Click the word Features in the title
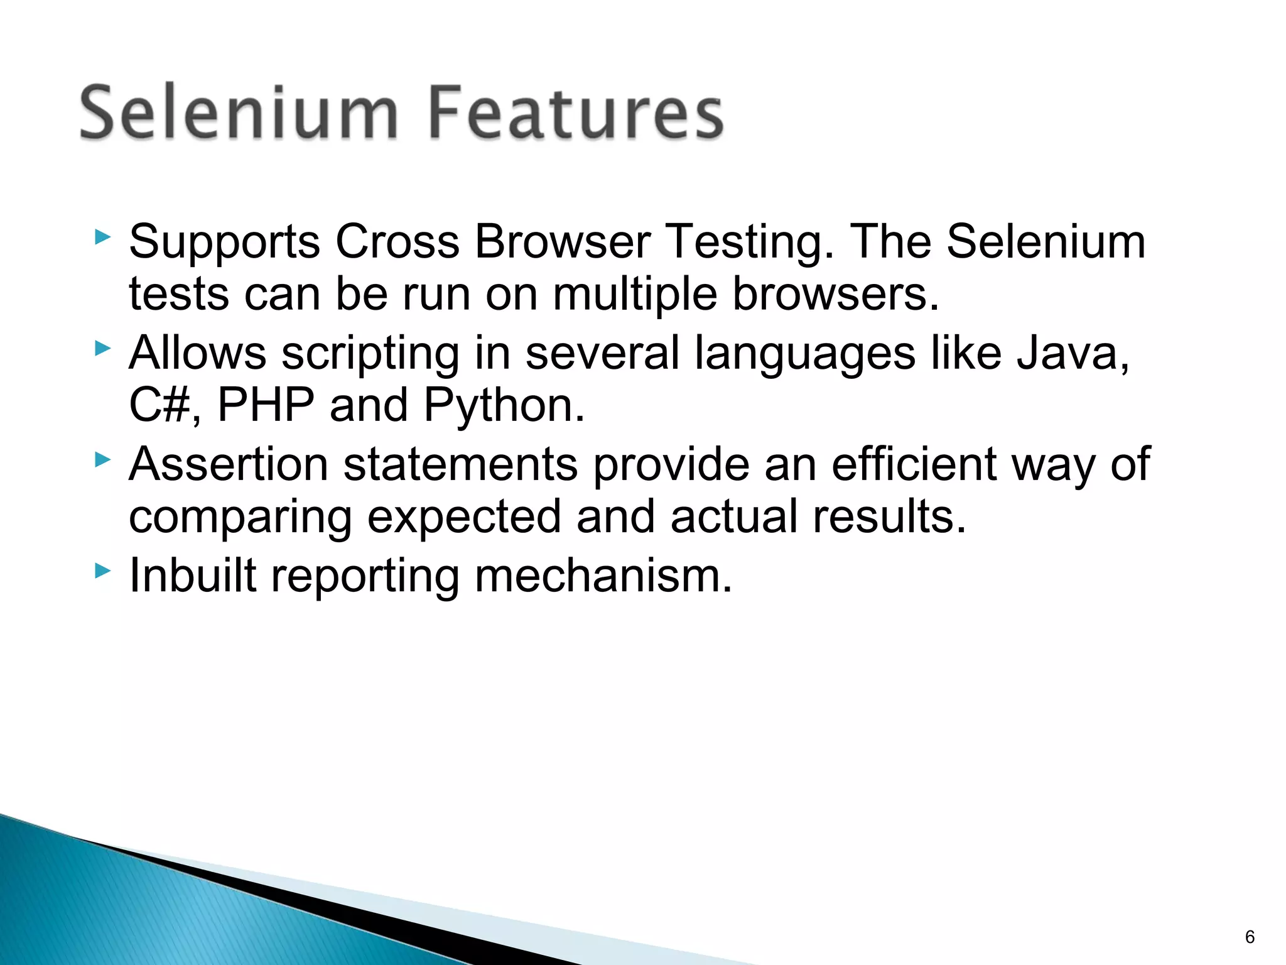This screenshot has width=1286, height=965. pyautogui.click(x=576, y=113)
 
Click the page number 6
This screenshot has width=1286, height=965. pyautogui.click(x=1250, y=937)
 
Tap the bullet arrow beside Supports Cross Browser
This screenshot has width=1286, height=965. pyautogui.click(x=102, y=237)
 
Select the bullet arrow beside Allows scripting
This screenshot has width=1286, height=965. pyautogui.click(x=102, y=348)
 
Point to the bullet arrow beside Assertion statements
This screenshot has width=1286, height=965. pyautogui.click(x=102, y=460)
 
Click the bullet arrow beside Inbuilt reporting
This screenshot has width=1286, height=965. pyautogui.click(x=102, y=570)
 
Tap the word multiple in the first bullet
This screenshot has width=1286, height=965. pyautogui.click(x=634, y=295)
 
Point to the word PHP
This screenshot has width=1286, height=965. pyautogui.click(x=266, y=405)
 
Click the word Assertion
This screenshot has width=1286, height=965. pyautogui.click(x=229, y=465)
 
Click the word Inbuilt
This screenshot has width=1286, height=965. pyautogui.click(x=193, y=575)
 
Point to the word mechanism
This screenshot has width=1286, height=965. pyautogui.click(x=603, y=575)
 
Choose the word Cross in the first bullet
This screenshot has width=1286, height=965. pyautogui.click(x=397, y=242)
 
